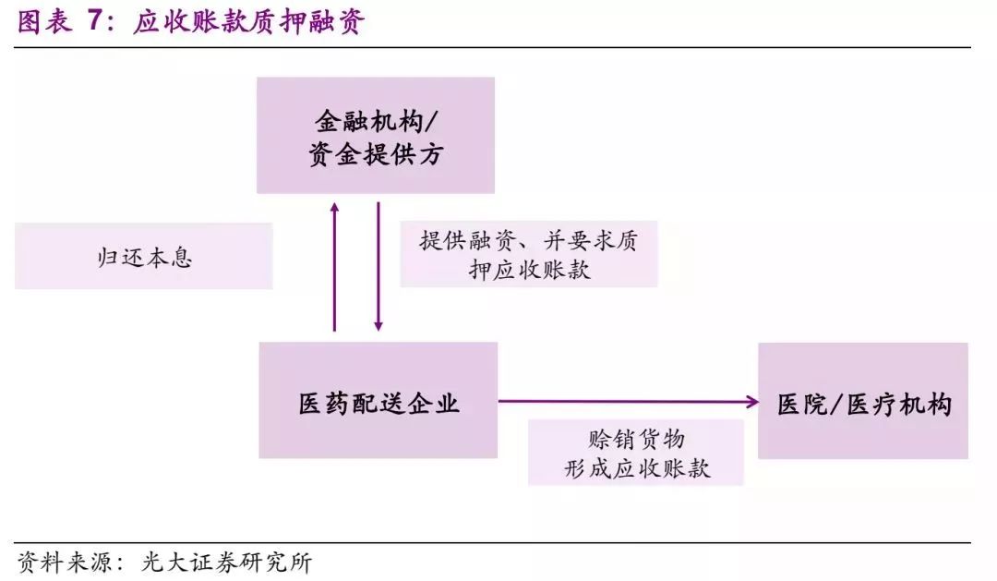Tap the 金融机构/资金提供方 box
coord(375,135)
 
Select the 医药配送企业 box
coord(378,400)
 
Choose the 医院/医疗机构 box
coord(862,401)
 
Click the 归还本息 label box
coord(144,256)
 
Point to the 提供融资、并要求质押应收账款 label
coord(528,254)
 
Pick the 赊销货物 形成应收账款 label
coord(636,453)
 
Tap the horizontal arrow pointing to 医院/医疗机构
coord(628,401)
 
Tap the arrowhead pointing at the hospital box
coord(752,401)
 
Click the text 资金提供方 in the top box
coord(375,153)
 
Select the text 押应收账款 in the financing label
coord(529,270)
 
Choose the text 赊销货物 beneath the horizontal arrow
coord(636,438)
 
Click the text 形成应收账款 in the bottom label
coord(636,468)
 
